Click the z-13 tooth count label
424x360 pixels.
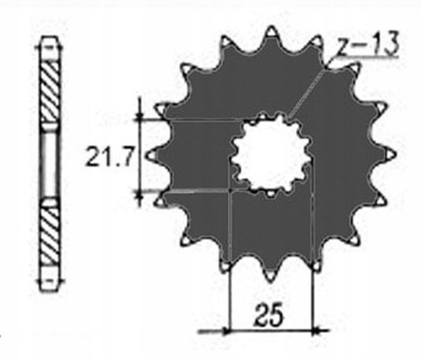[x=369, y=44]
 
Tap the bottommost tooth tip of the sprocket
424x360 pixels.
[x=270, y=283]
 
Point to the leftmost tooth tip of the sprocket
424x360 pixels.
[x=150, y=156]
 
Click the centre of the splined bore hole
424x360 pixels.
[x=271, y=155]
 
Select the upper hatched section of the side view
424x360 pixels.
[x=49, y=92]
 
